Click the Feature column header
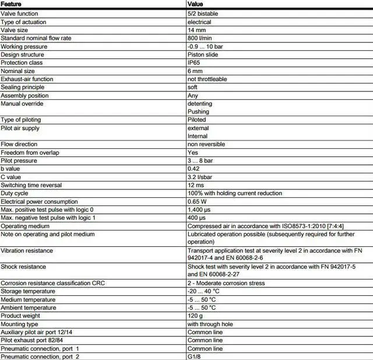(12, 5)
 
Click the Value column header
(195, 5)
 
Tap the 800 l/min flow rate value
(199, 38)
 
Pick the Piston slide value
(203, 54)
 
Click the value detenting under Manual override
(200, 103)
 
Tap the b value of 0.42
(193, 169)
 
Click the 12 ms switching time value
(195, 185)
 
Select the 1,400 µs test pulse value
(199, 209)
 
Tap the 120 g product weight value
(195, 316)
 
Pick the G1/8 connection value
(195, 356)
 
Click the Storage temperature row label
(29, 291)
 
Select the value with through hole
(209, 324)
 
